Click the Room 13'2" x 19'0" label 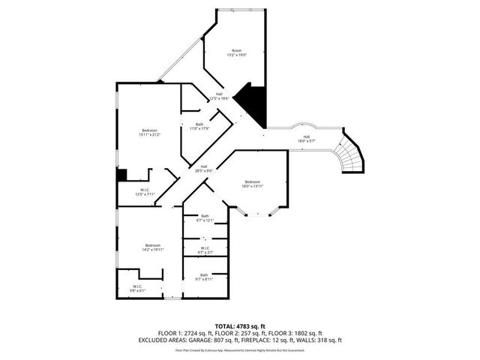(237, 52)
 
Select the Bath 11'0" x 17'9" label (199, 126)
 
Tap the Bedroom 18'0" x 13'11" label (252, 184)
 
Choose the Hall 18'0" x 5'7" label (307, 138)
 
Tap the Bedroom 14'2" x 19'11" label (153, 247)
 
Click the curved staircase (349, 155)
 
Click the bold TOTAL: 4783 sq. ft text (240, 325)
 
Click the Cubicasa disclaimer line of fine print (240, 349)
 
